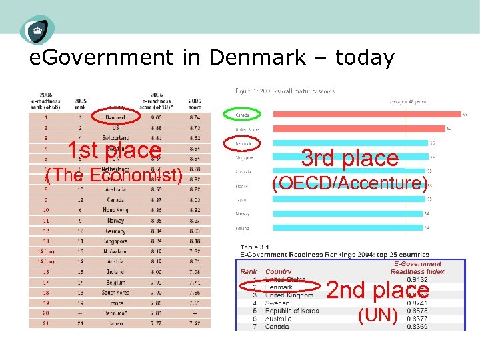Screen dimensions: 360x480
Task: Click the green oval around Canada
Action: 244,114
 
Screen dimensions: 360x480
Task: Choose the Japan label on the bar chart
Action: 241,199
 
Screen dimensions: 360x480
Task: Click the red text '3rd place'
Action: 349,159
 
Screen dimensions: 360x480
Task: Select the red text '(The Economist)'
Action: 113,175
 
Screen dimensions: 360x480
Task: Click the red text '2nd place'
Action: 377,290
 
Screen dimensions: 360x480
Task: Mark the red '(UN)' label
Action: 377,315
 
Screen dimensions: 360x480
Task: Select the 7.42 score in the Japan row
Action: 195,323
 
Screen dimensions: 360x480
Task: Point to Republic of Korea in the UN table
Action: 291,311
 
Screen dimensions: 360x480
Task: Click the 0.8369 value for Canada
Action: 417,326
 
